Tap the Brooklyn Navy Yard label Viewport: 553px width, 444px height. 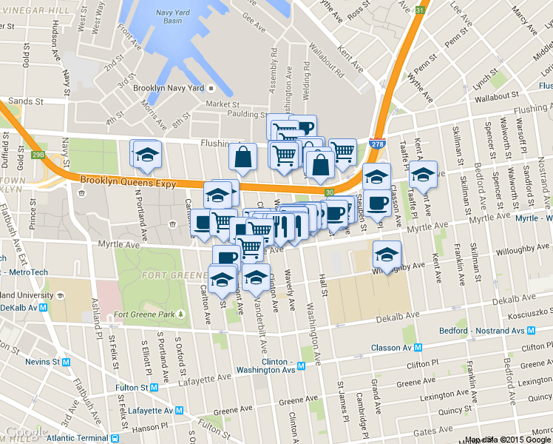168,87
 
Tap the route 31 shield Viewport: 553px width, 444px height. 420,10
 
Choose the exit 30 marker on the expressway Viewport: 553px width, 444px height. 329,192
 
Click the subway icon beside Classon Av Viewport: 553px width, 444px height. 418,347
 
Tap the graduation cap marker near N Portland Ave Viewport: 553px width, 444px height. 147,154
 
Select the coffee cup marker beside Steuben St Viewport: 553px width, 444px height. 376,202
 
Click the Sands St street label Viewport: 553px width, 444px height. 26,101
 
